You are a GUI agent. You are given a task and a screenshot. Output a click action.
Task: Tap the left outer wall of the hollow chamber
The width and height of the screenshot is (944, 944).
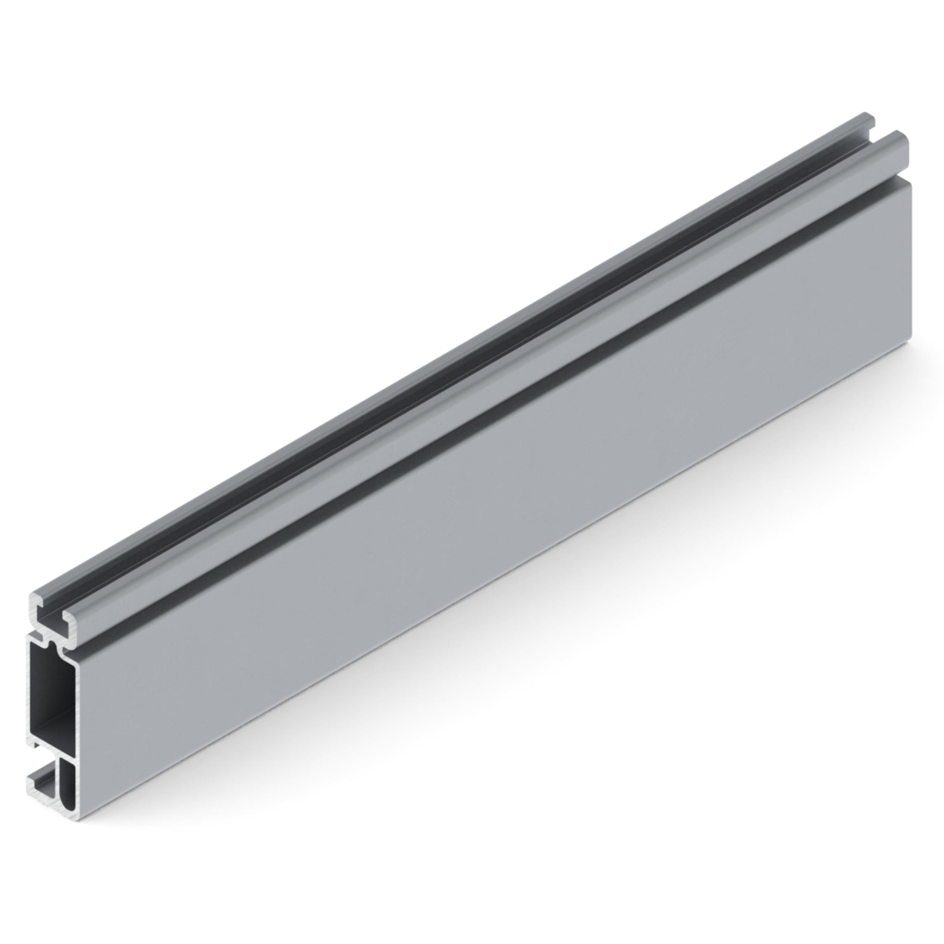[30, 694]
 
